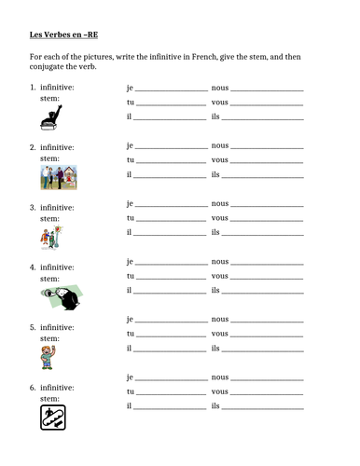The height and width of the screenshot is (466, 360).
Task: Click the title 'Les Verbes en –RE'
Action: pyautogui.click(x=59, y=38)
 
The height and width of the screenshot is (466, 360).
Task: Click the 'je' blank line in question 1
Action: pyautogui.click(x=172, y=91)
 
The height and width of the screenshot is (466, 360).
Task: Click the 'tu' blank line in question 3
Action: pyautogui.click(x=172, y=217)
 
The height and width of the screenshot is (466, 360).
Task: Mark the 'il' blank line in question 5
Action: pyautogui.click(x=170, y=348)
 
